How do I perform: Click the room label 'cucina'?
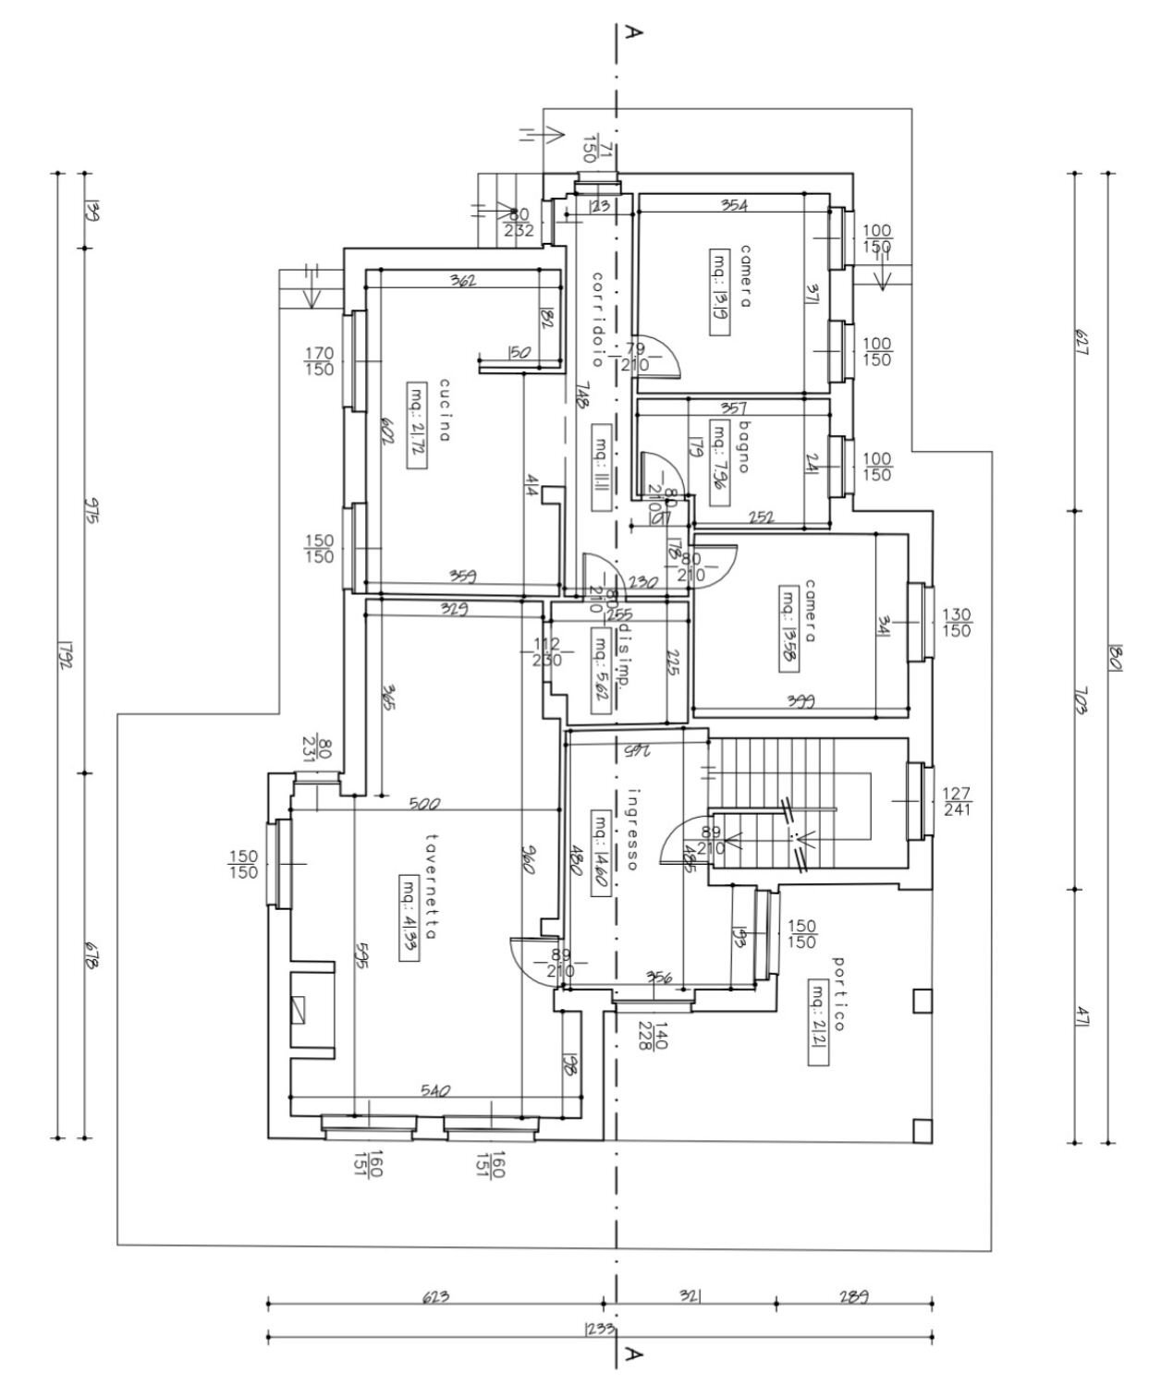(445, 410)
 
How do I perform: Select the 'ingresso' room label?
(633, 829)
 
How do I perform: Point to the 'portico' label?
(839, 993)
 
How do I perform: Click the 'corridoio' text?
(598, 319)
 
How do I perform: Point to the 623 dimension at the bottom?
(435, 1296)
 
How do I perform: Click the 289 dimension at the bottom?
(854, 1296)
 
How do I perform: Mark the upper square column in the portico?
(921, 1001)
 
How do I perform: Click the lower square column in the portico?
(921, 1130)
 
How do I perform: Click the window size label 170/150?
(319, 361)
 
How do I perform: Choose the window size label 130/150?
(956, 623)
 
